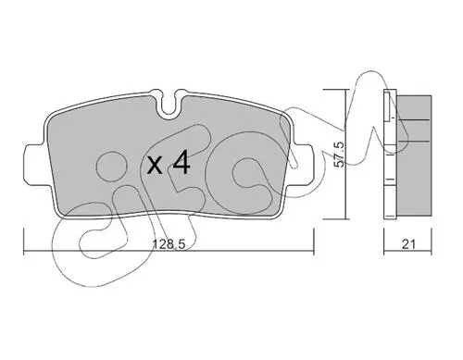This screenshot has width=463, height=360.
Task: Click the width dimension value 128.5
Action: tap(169, 244)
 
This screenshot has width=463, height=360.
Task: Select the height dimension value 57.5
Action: tap(340, 155)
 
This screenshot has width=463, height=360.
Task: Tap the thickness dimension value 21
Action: tap(408, 244)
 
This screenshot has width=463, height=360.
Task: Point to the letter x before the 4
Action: tap(155, 165)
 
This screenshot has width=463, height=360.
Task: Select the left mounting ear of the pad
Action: tap(37, 165)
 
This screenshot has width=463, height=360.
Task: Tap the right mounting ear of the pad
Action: tap(303, 165)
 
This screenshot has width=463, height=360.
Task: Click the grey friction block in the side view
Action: tap(414, 155)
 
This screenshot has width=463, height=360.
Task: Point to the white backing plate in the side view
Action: tap(390, 155)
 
